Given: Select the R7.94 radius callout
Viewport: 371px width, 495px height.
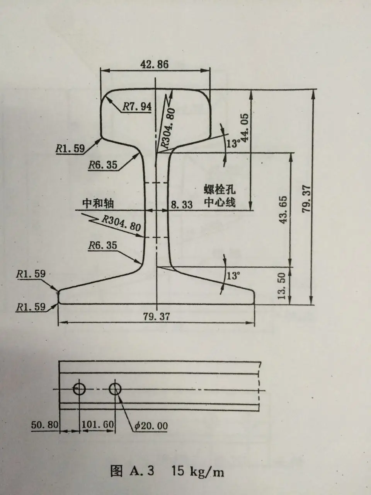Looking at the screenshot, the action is (137, 107).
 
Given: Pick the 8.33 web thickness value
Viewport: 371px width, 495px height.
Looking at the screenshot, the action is (181, 205).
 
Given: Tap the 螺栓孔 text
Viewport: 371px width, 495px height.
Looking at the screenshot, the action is (220, 190).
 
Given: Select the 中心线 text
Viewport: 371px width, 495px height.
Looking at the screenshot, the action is (220, 202).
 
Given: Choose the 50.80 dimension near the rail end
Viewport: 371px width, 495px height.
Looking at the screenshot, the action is (44, 425).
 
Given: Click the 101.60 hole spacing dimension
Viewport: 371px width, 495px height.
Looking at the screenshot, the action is (97, 425).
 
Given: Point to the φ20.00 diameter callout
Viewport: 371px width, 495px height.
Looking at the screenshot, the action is (151, 426).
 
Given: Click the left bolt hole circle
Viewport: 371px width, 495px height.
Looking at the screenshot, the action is (80, 389).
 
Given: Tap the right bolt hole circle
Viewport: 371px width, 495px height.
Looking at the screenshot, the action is (115, 389).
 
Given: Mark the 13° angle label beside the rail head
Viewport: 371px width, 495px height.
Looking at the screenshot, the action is (233, 144).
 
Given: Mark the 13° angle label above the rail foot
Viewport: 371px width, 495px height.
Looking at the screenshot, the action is (233, 276).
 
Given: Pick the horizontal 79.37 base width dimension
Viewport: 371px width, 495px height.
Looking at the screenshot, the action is (156, 316).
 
